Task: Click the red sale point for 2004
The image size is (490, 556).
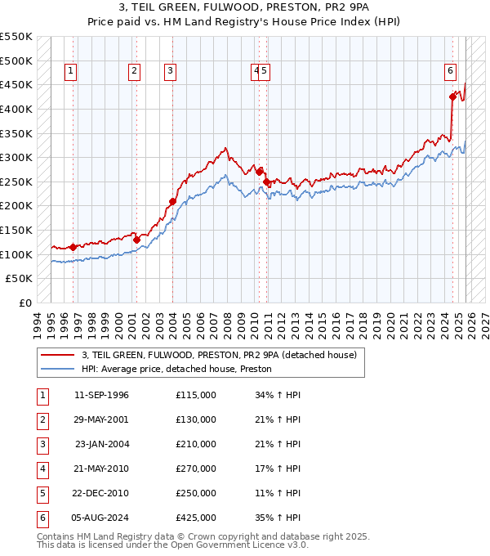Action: pyautogui.click(x=172, y=201)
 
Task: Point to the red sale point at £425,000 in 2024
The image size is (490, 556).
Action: pyautogui.click(x=452, y=96)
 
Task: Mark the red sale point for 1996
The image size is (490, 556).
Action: pyautogui.click(x=73, y=247)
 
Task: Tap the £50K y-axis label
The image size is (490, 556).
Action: pyautogui.click(x=20, y=279)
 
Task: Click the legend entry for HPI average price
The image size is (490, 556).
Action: pyautogui.click(x=176, y=370)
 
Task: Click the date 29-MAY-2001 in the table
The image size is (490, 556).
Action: pyautogui.click(x=101, y=419)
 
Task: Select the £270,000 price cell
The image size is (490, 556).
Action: pyautogui.click(x=196, y=469)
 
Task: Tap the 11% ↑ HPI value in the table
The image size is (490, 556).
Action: pyautogui.click(x=278, y=493)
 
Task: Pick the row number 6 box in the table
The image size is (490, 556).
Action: pyautogui.click(x=41, y=518)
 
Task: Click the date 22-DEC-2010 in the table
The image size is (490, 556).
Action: pyautogui.click(x=101, y=493)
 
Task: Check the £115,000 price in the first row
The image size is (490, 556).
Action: pyautogui.click(x=196, y=395)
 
